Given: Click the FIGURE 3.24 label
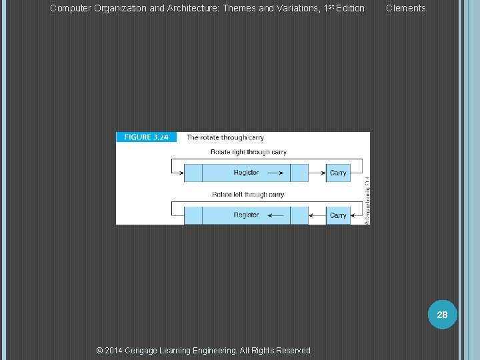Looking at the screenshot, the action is [x=147, y=137].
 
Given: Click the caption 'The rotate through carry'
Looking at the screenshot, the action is [x=225, y=137].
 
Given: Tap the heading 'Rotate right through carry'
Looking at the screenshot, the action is [x=248, y=152].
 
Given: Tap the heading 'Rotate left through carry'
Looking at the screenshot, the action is [x=248, y=195].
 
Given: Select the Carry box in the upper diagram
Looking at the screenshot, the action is [x=338, y=173].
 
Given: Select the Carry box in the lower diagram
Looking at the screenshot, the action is [x=338, y=215].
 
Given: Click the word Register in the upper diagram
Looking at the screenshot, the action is [x=246, y=173].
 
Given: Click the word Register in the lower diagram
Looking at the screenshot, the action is [x=246, y=215].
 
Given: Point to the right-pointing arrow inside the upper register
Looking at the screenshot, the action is [x=274, y=173].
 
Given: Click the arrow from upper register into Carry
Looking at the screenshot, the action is [x=317, y=173].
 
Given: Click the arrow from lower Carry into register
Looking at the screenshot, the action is [x=317, y=215].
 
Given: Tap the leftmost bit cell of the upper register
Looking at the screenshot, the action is [x=193, y=173].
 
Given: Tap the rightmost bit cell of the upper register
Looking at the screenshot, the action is [x=299, y=173].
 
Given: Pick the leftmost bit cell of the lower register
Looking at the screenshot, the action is [x=193, y=215].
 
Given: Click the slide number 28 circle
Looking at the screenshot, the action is [x=442, y=315].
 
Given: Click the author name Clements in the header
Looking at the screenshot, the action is [x=405, y=9].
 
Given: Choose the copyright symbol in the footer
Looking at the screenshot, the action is [x=100, y=351].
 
